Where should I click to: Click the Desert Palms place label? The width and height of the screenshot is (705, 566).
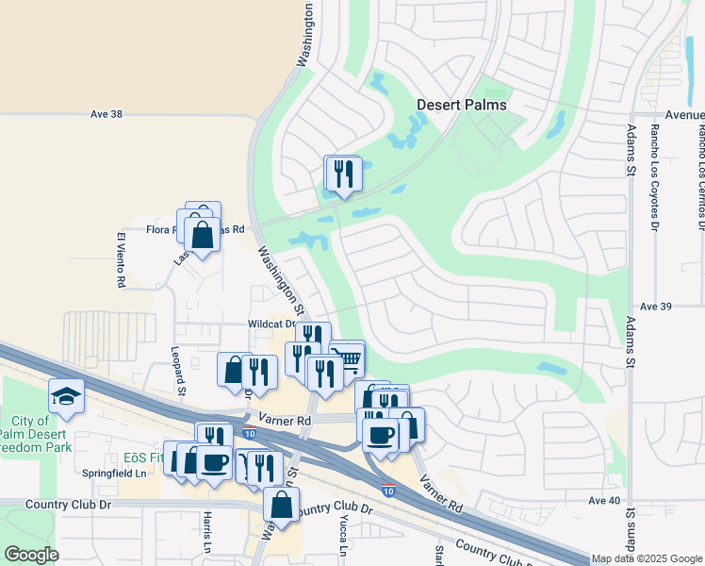462,105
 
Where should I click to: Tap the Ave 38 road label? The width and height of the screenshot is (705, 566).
107,114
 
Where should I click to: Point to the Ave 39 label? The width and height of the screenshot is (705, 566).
654,307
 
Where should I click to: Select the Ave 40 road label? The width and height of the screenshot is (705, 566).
603,500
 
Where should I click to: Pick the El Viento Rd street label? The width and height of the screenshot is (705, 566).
121,259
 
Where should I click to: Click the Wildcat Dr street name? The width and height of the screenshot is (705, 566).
273,324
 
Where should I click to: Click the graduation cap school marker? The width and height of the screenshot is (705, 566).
66,395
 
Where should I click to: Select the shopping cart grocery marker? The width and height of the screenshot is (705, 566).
346,357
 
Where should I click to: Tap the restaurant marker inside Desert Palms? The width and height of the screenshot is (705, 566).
342,173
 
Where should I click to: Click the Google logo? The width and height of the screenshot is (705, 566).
32,555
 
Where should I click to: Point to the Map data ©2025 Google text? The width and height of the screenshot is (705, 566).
647,559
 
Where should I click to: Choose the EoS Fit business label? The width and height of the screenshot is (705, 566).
144,458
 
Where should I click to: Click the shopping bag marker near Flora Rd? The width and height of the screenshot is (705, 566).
203,234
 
